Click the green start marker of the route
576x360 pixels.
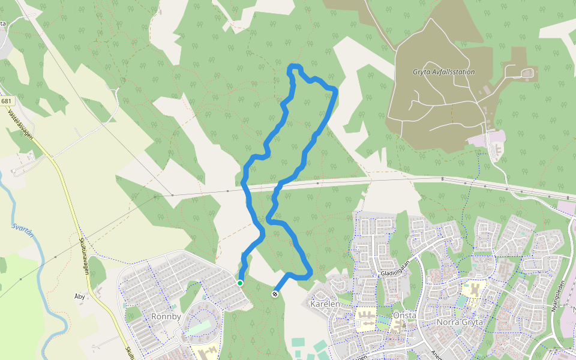(x=240, y=283)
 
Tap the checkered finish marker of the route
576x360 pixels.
(x=275, y=293)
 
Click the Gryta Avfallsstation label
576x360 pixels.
(x=443, y=72)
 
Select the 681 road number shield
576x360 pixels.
(x=7, y=101)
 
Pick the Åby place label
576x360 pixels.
(x=79, y=296)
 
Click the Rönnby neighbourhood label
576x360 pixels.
(x=166, y=316)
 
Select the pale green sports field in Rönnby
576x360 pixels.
(x=197, y=329)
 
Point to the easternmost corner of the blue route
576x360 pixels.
(x=335, y=91)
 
